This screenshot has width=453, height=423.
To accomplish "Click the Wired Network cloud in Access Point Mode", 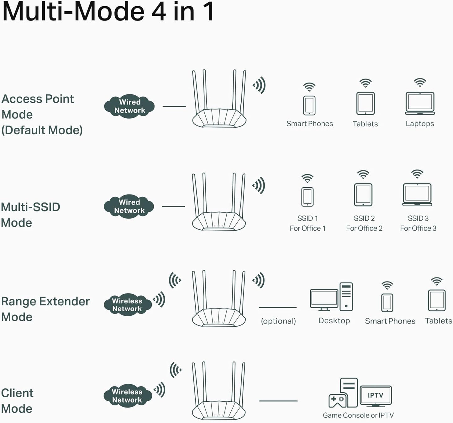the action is (x=129, y=106).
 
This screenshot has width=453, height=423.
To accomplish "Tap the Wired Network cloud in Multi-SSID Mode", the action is (x=129, y=206).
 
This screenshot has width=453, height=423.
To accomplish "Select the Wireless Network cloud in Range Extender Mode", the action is (x=127, y=305).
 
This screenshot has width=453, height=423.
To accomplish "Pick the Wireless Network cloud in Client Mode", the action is (x=127, y=396).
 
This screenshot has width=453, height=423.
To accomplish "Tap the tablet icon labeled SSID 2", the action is (x=363, y=195).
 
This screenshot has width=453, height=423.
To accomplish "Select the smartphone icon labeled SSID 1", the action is (x=307, y=197).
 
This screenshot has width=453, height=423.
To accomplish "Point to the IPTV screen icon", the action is (x=376, y=396).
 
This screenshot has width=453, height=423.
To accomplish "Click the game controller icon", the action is (x=337, y=400).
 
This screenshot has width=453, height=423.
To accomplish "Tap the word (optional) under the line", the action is (x=278, y=321).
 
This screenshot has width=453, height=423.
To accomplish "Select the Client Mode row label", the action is (x=17, y=401).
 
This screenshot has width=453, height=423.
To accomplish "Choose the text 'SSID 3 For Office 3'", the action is (x=418, y=223).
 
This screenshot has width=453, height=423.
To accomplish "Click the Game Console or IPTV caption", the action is (x=358, y=415).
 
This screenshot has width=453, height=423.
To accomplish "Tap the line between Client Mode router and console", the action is (x=278, y=401).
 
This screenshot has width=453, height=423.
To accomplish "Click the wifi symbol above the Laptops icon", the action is (x=420, y=83).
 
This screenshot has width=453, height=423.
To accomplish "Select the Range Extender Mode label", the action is (x=45, y=309).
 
